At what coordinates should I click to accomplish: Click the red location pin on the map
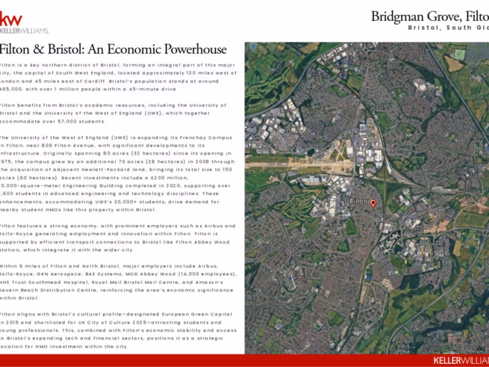pos(373,203)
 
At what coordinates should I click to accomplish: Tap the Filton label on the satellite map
pos(358,201)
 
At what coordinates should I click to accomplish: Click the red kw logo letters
pos(11,19)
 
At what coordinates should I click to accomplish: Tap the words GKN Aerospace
pos(71,274)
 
